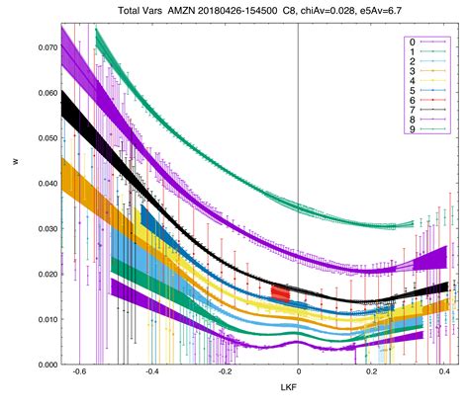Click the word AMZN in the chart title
click(x=173, y=9)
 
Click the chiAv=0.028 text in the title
click(x=322, y=9)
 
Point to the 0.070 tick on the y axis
click(x=42, y=46)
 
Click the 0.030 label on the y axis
click(x=42, y=228)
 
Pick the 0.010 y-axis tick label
click(x=42, y=319)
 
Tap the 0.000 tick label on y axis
click(x=42, y=365)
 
